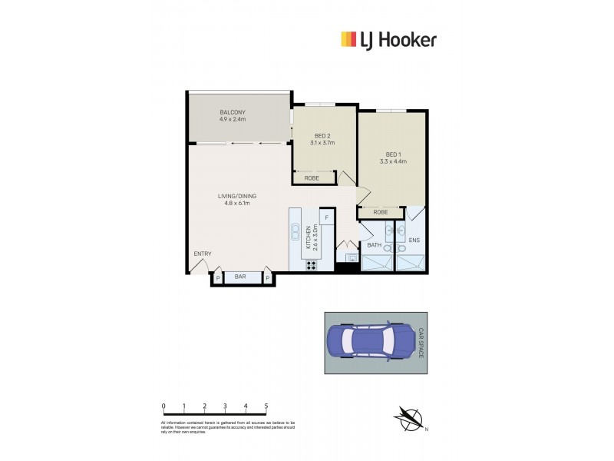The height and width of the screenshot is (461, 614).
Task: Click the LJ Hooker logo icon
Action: (348, 40)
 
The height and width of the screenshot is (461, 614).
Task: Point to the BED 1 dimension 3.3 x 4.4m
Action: (392, 161)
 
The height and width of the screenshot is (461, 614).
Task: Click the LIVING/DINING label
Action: (237, 196)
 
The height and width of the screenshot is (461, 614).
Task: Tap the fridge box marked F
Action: (326, 218)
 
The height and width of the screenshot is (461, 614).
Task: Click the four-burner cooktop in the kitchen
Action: (312, 266)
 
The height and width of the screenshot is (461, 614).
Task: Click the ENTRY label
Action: (203, 254)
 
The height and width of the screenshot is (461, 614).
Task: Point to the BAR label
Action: (240, 277)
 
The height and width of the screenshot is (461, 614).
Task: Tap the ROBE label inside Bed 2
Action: (312, 178)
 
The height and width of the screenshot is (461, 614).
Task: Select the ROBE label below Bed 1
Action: (380, 212)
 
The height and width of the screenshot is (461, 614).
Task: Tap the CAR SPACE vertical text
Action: (420, 343)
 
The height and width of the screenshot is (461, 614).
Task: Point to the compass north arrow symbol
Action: (409, 419)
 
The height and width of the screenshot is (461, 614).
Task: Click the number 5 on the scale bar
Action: (266, 406)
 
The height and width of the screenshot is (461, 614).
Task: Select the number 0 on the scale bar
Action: (163, 406)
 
